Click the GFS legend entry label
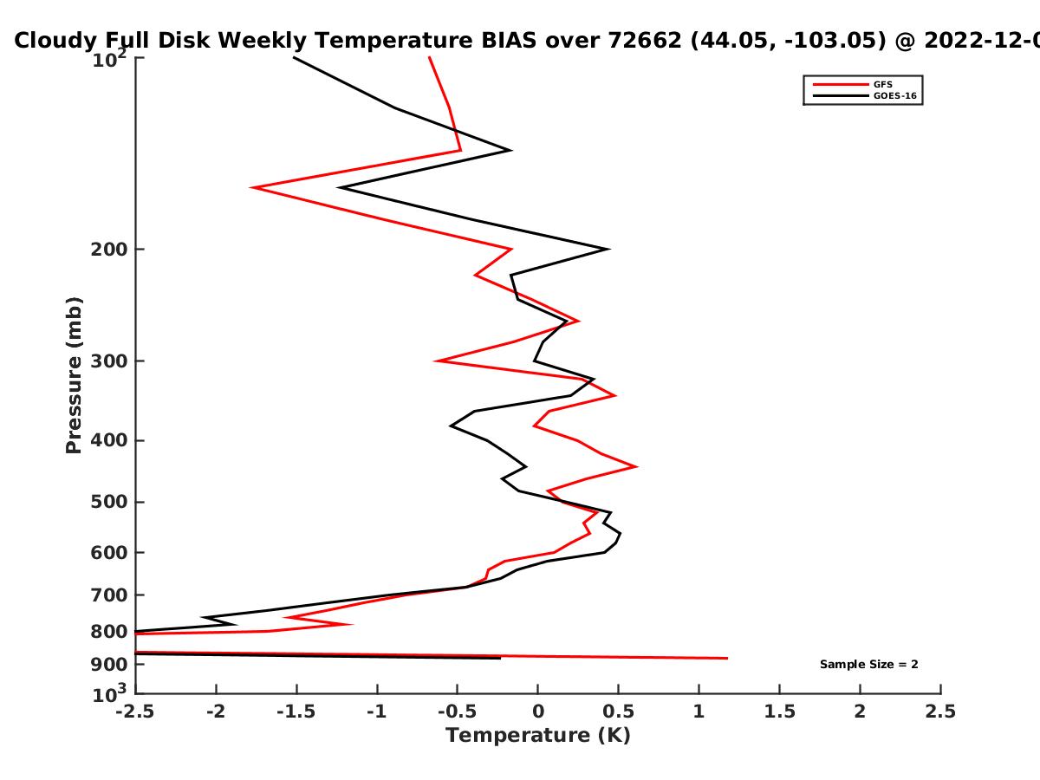coord(882,84)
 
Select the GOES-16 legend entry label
coord(895,95)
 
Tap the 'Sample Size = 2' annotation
coord(869,665)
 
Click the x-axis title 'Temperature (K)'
coord(538,736)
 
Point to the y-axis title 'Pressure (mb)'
coord(74,375)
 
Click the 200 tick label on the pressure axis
coord(109,250)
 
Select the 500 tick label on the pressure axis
coord(109,502)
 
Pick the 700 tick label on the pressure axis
coord(109,595)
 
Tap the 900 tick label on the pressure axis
coord(109,665)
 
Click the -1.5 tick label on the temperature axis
coord(296,712)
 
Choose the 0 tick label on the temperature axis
coord(538,712)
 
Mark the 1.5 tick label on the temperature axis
coord(779,712)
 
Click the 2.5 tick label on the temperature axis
coord(940,712)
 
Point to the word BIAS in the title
coord(509,41)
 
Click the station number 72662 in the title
coord(645,41)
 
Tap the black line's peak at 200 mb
coord(609,249)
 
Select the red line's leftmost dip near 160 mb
coord(251,187)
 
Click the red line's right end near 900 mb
coord(727,659)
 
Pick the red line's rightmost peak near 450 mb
coord(636,466)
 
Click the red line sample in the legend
coord(841,85)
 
